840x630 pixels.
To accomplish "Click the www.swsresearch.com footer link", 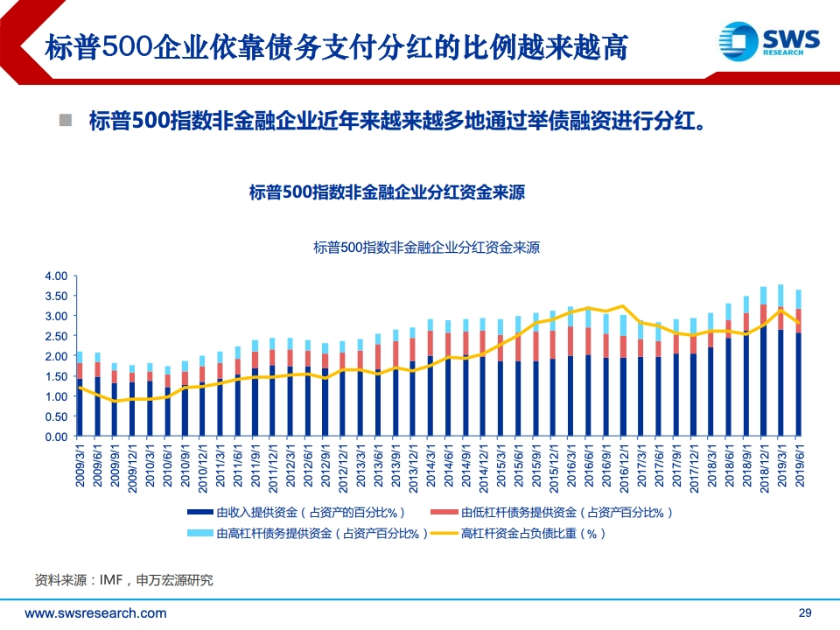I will pyautogui.click(x=95, y=613).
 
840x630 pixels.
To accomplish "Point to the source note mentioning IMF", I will pyautogui.click(x=123, y=580).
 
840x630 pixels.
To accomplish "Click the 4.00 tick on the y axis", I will pyautogui.click(x=56, y=276).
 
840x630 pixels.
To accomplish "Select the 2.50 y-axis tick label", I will pyautogui.click(x=56, y=337).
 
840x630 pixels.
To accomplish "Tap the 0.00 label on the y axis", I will pyautogui.click(x=56, y=437).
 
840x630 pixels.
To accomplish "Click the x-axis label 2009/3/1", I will pyautogui.click(x=80, y=467).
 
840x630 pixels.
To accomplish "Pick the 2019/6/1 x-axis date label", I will pyautogui.click(x=799, y=467).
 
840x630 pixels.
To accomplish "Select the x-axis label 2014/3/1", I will pyautogui.click(x=430, y=467).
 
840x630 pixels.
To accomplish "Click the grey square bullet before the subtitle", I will pyautogui.click(x=65, y=120).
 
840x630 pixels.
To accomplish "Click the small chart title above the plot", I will pyautogui.click(x=427, y=248).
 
